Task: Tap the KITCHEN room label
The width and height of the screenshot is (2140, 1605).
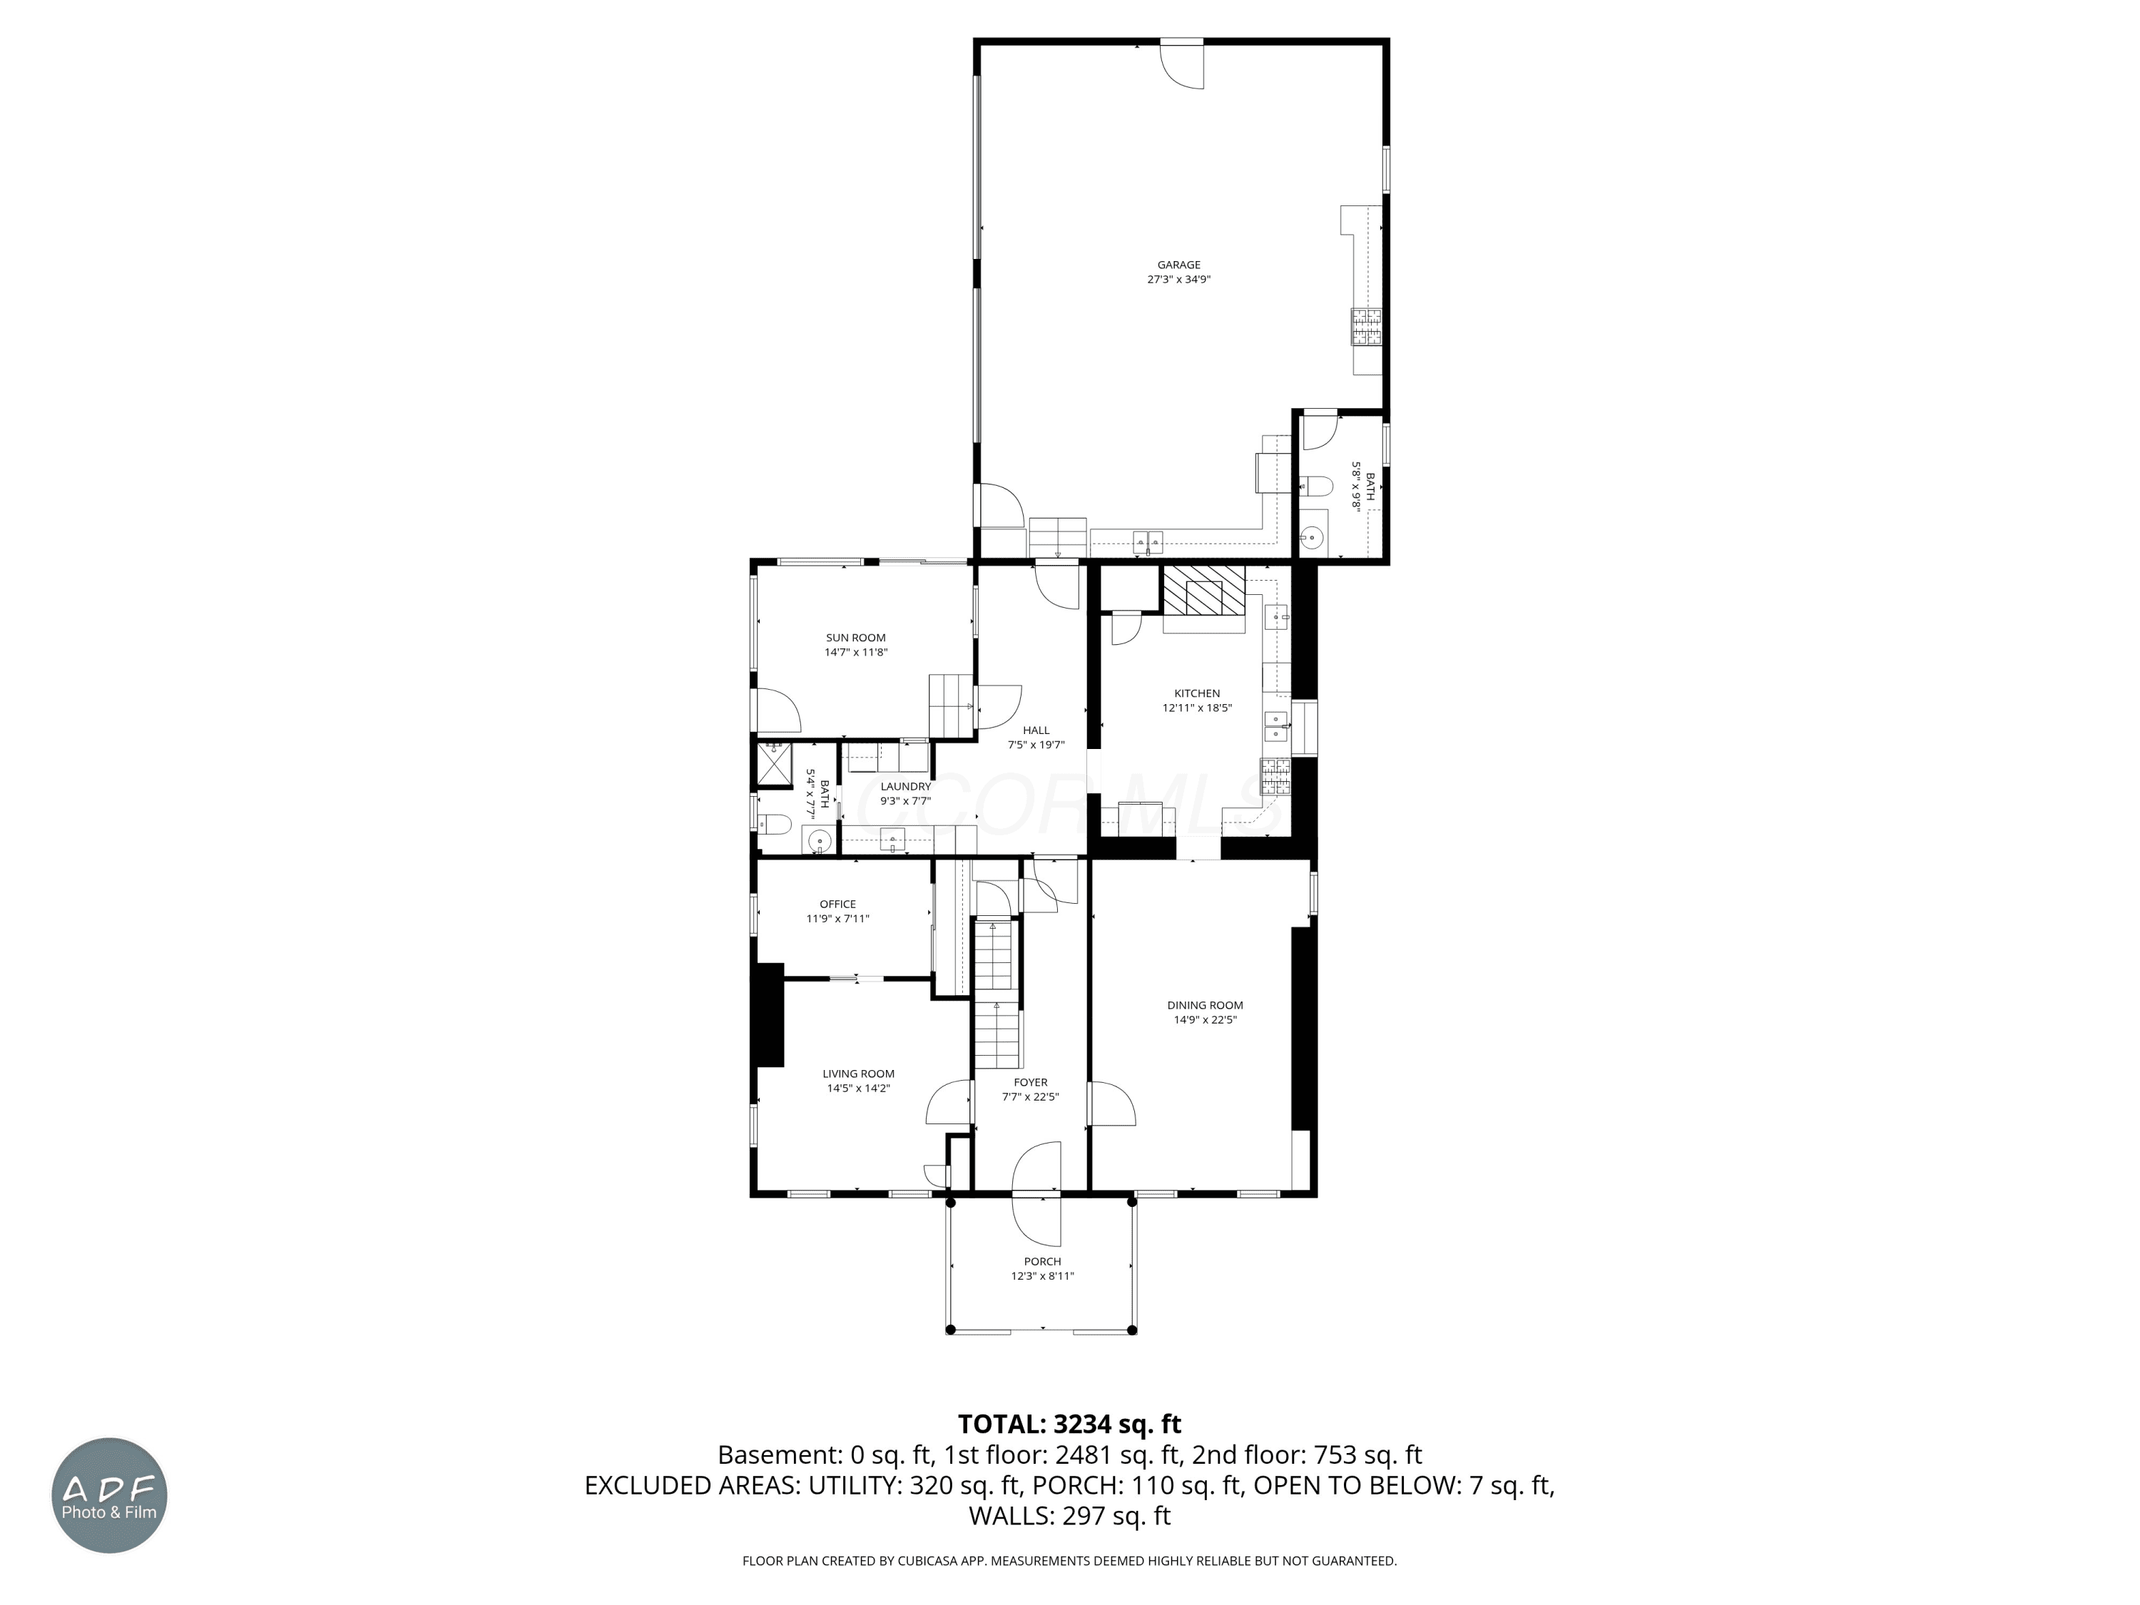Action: pyautogui.click(x=1197, y=693)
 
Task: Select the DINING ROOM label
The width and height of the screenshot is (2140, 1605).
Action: pyautogui.click(x=1205, y=1005)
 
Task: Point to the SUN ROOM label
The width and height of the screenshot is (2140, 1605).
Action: pyautogui.click(x=855, y=638)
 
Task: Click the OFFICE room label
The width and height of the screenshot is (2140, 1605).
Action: pyautogui.click(x=838, y=905)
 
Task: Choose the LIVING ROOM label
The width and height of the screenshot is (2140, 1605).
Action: pyautogui.click(x=858, y=1074)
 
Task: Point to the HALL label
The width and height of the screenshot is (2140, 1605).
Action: pyautogui.click(x=1036, y=730)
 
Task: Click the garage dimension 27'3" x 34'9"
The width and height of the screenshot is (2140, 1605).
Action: pyautogui.click(x=1178, y=280)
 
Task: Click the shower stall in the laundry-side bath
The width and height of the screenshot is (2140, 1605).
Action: pyautogui.click(x=774, y=765)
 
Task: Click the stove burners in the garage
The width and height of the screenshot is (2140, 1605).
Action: pyautogui.click(x=1366, y=326)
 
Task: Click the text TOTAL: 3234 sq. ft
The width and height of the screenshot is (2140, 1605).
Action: pyautogui.click(x=1069, y=1424)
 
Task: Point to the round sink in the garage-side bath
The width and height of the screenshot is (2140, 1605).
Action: pyautogui.click(x=1312, y=536)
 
